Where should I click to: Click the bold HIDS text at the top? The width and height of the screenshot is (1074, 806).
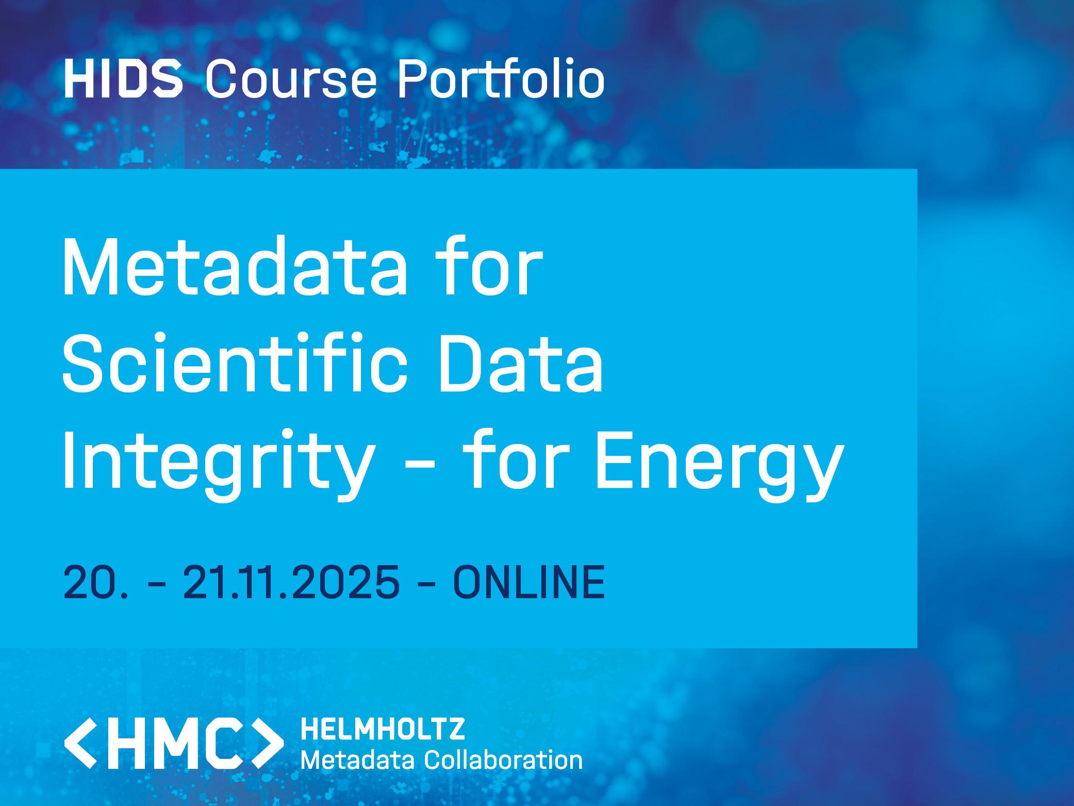[123, 79]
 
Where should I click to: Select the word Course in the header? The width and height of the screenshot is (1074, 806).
[291, 79]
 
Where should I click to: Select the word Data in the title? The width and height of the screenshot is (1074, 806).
[521, 361]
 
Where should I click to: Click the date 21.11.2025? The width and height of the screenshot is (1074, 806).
[291, 581]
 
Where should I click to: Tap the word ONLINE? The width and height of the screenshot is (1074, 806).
[529, 581]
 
